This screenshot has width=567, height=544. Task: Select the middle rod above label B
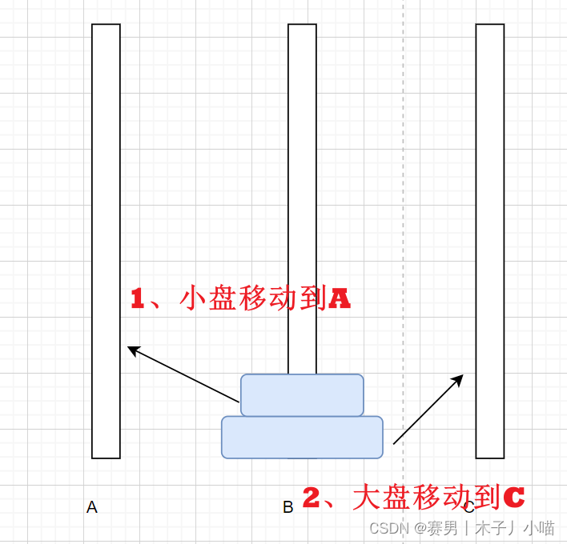coord(302,200)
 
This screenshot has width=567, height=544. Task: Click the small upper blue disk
coord(302,395)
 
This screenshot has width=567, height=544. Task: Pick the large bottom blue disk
coord(302,438)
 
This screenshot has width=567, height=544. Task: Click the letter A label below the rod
coord(92,507)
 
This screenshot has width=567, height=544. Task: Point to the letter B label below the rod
coord(288,507)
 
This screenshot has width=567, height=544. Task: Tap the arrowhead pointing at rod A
coord(133,350)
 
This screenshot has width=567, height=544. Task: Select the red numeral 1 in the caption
coord(138,299)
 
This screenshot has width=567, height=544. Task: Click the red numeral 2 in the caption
coord(312,498)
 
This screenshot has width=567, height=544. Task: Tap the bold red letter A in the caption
coord(340,299)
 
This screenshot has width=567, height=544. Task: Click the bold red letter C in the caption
coord(513,498)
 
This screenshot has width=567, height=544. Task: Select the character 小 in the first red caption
coord(194,298)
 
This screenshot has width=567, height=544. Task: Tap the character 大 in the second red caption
coord(367,498)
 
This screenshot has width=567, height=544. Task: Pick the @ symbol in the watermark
coord(421,528)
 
